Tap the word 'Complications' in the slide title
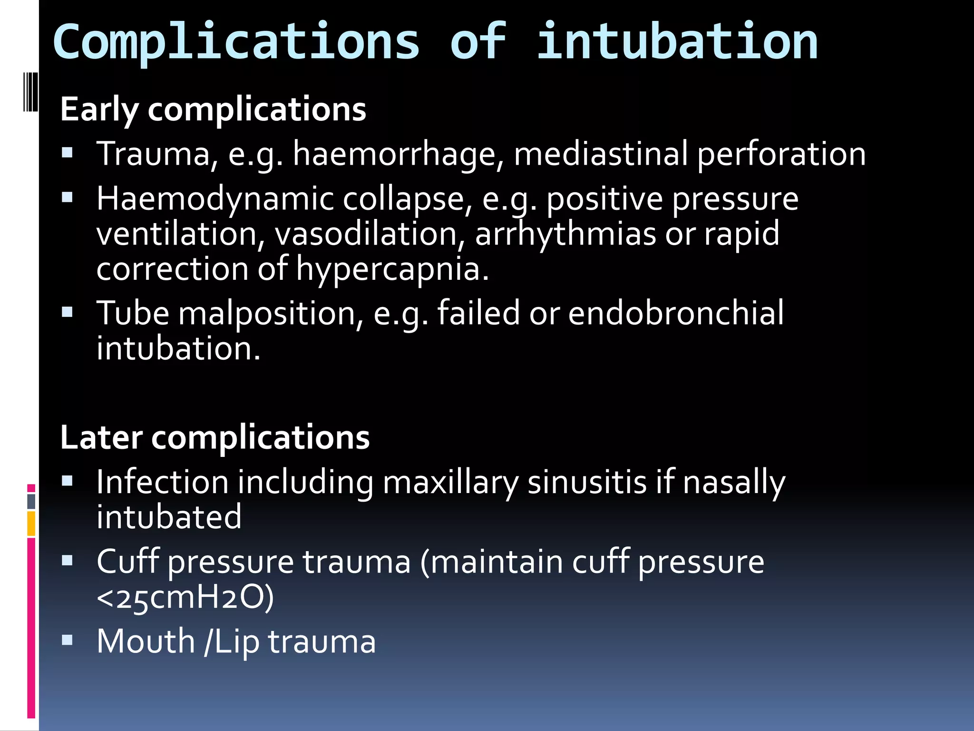tap(236, 43)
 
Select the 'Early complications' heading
tap(213, 109)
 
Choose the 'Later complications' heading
tap(215, 437)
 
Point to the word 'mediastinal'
tap(601, 154)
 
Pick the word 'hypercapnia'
tap(391, 269)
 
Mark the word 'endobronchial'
tap(676, 313)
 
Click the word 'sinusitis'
tap(587, 482)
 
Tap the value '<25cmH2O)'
tap(185, 597)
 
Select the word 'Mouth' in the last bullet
tap(146, 641)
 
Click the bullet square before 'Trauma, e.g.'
tap(67, 153)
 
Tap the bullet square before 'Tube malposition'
tap(67, 312)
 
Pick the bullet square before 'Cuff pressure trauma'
tap(67, 561)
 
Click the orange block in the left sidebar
tap(31, 524)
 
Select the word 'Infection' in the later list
tap(162, 482)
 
